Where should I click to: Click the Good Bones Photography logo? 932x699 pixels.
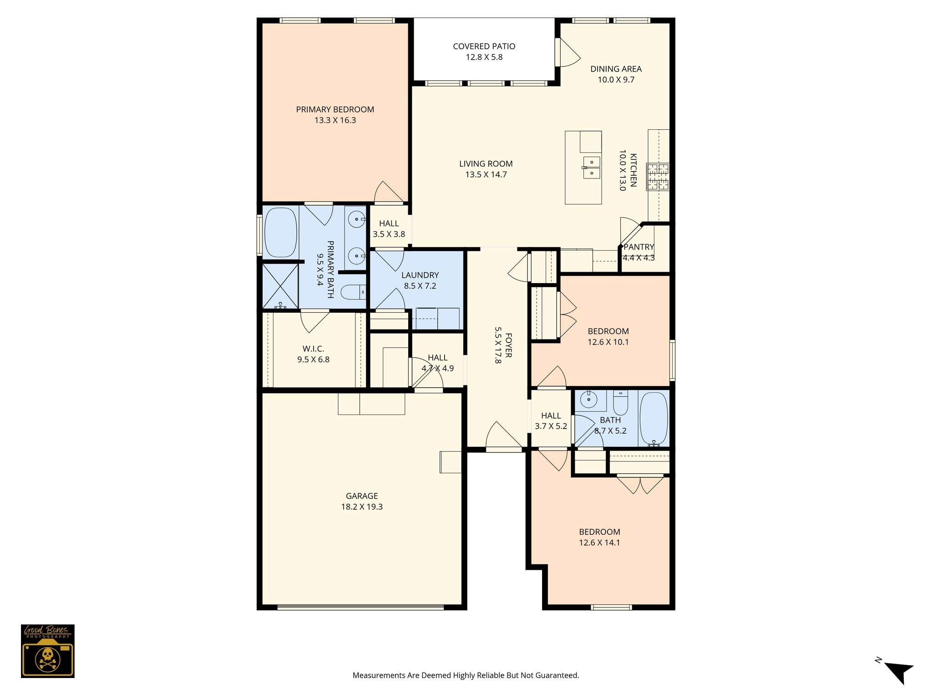(47, 651)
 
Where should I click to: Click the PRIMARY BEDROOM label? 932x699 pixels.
(335, 110)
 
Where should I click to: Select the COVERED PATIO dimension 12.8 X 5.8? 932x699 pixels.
(484, 57)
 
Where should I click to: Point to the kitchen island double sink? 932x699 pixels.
(591, 167)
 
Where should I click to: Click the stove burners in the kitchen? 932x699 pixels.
(658, 177)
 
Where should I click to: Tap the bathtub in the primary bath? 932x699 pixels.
(280, 232)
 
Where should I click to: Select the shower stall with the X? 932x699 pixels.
(280, 286)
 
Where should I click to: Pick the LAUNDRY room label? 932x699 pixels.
(420, 275)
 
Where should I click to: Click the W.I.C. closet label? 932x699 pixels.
(313, 349)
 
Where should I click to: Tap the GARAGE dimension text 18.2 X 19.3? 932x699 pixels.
(362, 507)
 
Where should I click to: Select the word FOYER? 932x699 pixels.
(508, 345)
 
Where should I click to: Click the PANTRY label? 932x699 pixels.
(638, 247)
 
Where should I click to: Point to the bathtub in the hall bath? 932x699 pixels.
(653, 419)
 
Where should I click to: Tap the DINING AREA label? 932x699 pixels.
(616, 69)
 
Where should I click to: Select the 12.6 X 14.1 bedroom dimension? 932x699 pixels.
(599, 543)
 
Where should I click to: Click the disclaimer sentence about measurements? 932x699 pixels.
(466, 675)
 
